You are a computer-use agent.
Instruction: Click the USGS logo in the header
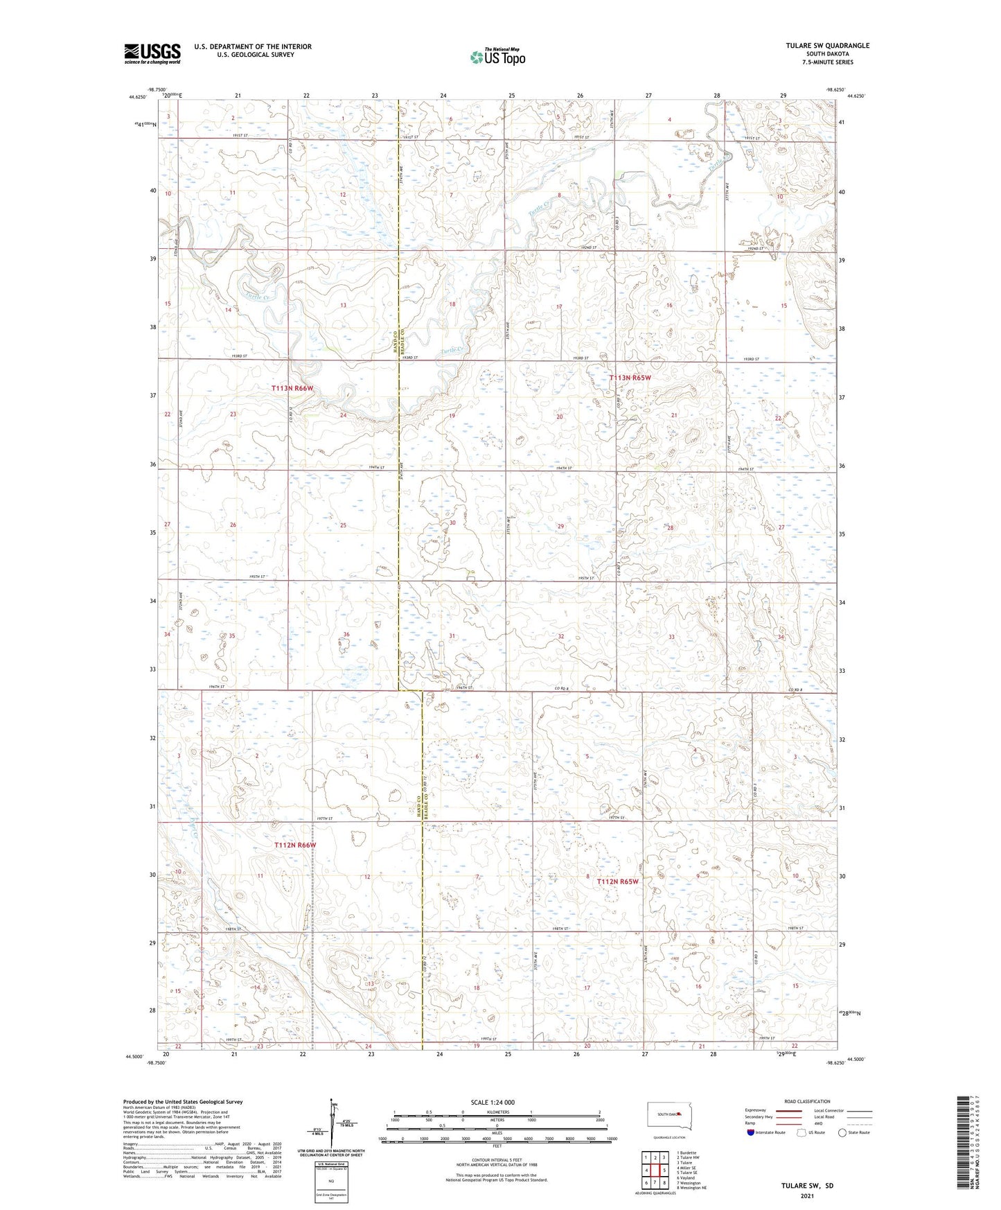tap(152, 53)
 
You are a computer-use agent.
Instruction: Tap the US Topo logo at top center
tap(497, 57)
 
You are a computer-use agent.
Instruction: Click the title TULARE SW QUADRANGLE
tap(827, 46)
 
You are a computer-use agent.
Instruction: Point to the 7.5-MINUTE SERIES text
tap(828, 62)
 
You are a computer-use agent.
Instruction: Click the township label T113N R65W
tap(630, 378)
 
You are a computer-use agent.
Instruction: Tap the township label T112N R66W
tap(294, 845)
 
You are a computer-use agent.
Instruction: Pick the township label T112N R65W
tap(612, 882)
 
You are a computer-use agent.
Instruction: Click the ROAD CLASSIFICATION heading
tap(807, 1101)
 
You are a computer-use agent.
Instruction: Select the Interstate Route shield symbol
tap(751, 1132)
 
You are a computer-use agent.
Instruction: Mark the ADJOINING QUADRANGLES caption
tap(655, 1193)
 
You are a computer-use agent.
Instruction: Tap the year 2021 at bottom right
tap(806, 1195)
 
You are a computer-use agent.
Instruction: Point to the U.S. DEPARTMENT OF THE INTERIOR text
tap(253, 46)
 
